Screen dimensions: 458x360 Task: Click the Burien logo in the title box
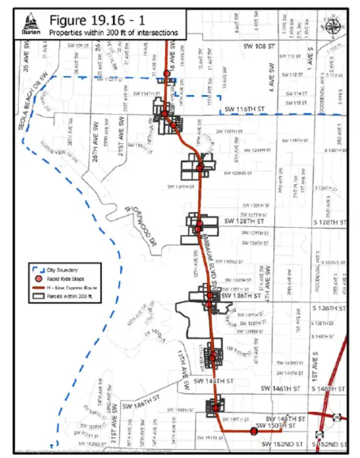(31, 25)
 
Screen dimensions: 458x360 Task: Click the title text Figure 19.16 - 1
(96, 20)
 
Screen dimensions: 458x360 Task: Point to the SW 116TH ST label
(245, 109)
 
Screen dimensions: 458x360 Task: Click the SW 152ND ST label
(282, 444)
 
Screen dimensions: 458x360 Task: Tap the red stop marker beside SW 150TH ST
(254, 431)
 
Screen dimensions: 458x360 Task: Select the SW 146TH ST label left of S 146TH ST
(281, 389)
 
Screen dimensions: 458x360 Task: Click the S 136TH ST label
(329, 308)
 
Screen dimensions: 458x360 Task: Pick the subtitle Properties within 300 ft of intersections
(113, 33)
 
